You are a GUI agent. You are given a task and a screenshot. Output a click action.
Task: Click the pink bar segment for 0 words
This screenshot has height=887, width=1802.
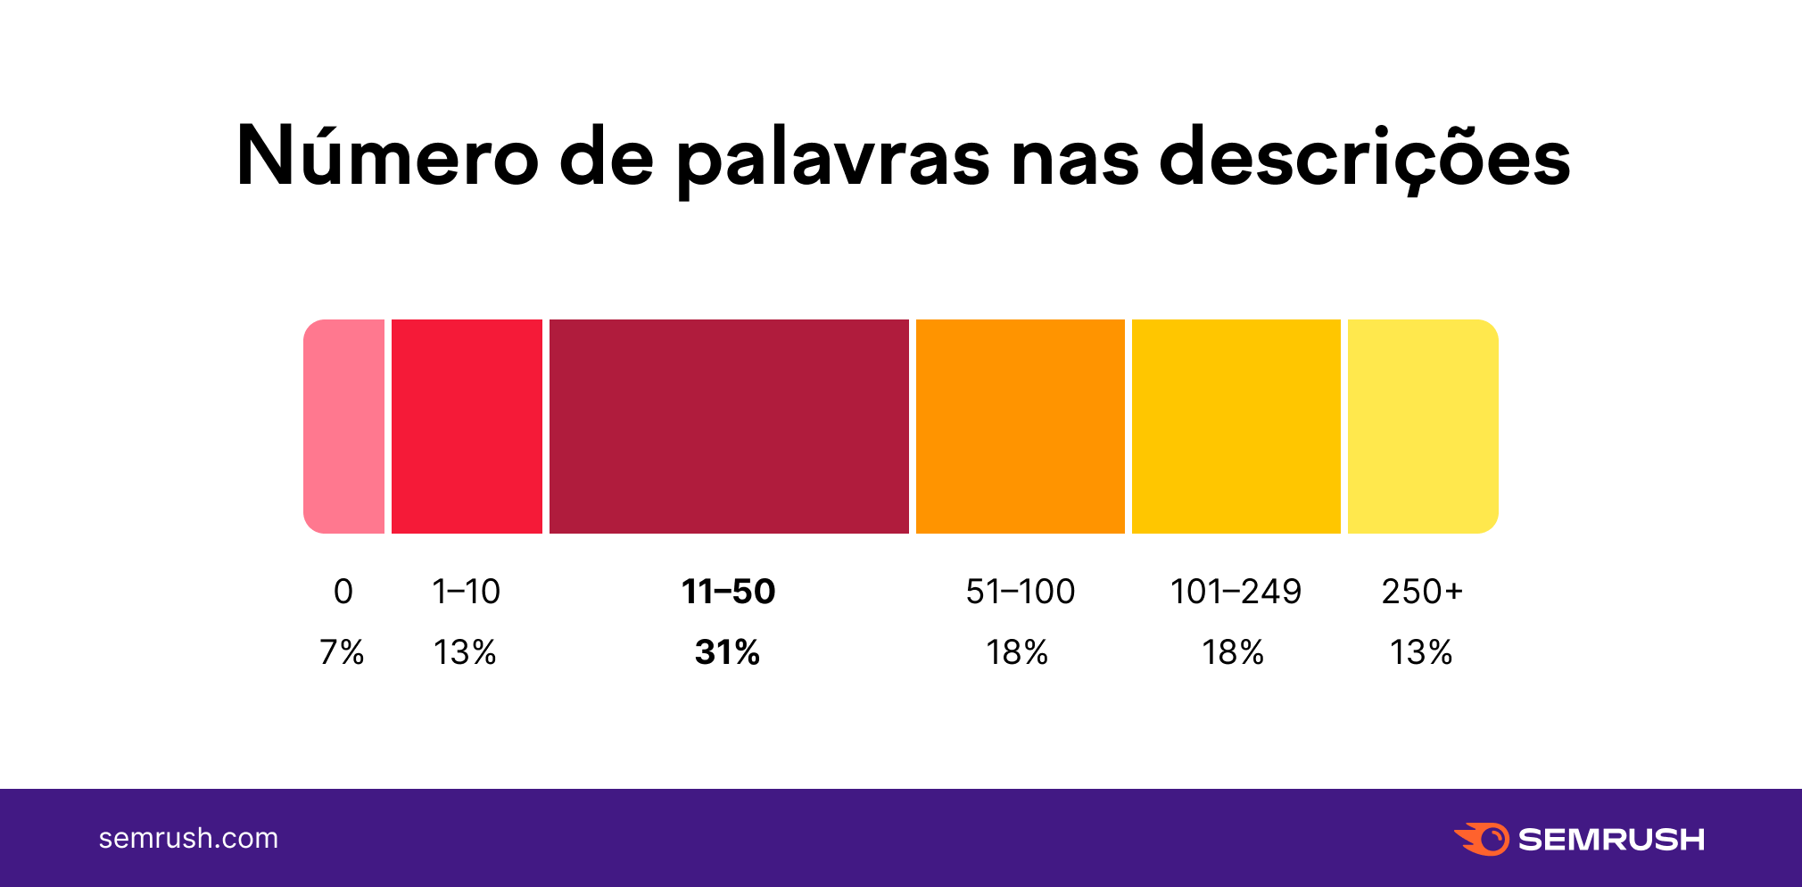pyautogui.click(x=344, y=427)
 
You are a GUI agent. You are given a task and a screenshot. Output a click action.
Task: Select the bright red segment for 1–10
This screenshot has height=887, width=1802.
pyautogui.click(x=467, y=427)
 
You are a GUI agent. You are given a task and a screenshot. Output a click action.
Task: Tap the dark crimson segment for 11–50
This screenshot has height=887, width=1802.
pyautogui.click(x=729, y=427)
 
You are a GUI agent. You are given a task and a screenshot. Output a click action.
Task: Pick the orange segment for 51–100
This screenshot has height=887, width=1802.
pyautogui.click(x=1020, y=427)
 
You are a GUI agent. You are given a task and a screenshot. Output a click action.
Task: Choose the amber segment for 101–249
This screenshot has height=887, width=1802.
pyautogui.click(x=1236, y=427)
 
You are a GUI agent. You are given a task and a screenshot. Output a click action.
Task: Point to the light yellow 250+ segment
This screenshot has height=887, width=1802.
pyautogui.click(x=1422, y=427)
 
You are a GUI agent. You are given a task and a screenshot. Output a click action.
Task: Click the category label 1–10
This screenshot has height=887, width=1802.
pyautogui.click(x=466, y=592)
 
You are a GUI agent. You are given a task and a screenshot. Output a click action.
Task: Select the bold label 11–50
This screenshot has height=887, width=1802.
pyautogui.click(x=729, y=592)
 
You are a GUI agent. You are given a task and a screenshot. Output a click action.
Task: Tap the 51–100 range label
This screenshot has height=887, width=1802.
pyautogui.click(x=1021, y=592)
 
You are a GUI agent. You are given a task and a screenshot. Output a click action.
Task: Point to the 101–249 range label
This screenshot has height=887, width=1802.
pyautogui.click(x=1236, y=592)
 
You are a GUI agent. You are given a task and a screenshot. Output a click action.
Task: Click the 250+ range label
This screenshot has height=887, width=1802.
pyautogui.click(x=1422, y=592)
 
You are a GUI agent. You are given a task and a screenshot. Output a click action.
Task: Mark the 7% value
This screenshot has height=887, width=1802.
pyautogui.click(x=342, y=652)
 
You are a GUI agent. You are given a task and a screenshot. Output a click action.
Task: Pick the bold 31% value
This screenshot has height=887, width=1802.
pyautogui.click(x=728, y=652)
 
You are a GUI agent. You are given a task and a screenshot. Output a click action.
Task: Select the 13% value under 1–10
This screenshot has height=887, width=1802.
pyautogui.click(x=465, y=652)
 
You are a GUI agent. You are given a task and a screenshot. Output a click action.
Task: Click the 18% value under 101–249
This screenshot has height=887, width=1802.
pyautogui.click(x=1233, y=652)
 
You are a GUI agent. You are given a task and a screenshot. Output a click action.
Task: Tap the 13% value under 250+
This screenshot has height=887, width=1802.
pyautogui.click(x=1421, y=652)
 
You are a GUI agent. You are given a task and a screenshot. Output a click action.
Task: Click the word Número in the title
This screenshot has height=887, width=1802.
pyautogui.click(x=387, y=156)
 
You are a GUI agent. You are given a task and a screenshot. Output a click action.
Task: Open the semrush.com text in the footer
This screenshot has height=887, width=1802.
pyautogui.click(x=188, y=839)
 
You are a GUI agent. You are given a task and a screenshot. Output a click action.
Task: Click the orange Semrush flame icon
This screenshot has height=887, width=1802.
pyautogui.click(x=1483, y=839)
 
